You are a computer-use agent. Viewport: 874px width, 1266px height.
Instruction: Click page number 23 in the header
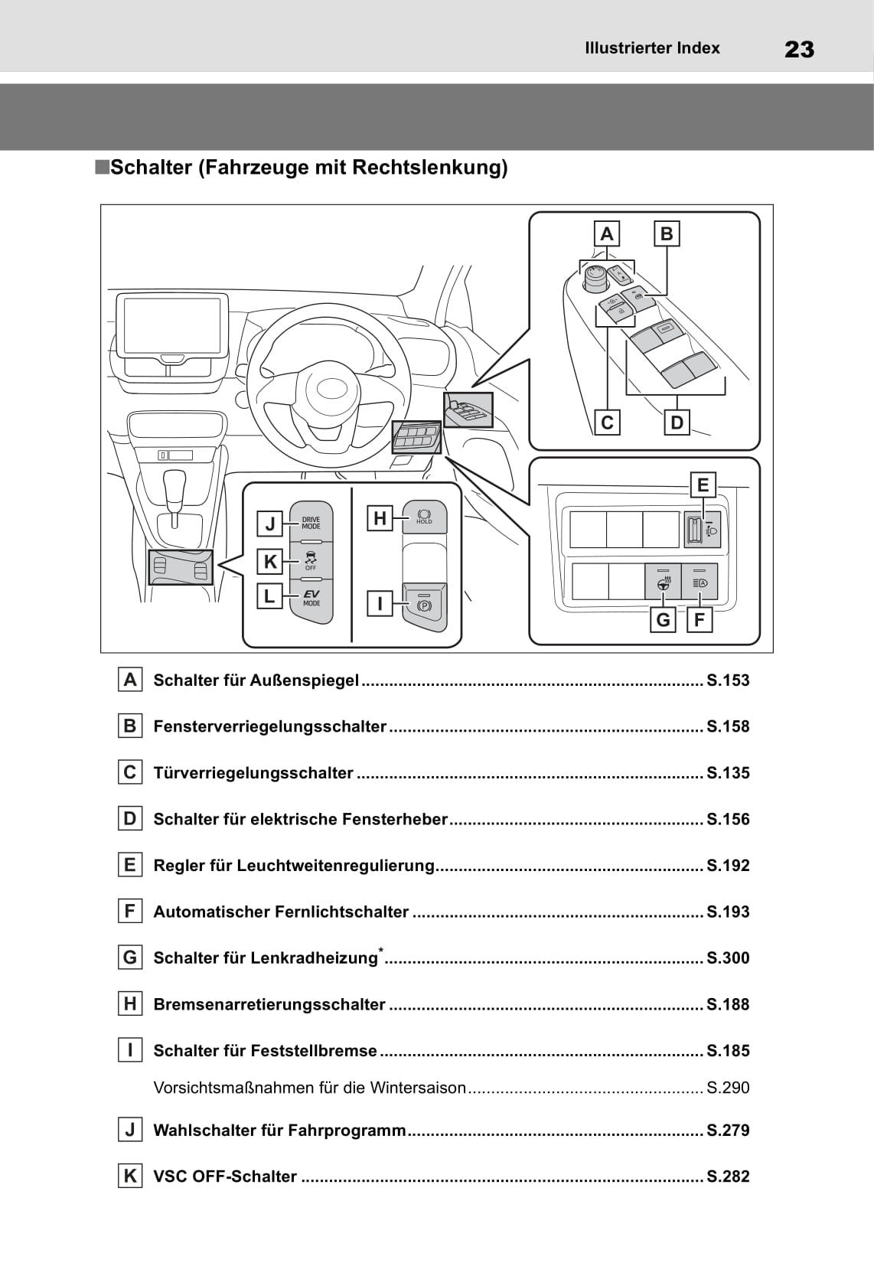tap(799, 50)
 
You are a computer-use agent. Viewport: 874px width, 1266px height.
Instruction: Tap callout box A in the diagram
tap(607, 233)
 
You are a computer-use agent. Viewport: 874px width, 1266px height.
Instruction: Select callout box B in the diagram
tap(667, 233)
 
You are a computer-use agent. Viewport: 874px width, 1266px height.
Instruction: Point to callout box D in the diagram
tap(677, 422)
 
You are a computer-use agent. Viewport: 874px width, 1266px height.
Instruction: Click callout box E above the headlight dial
tap(703, 485)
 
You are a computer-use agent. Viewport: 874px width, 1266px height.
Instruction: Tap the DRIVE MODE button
tap(311, 522)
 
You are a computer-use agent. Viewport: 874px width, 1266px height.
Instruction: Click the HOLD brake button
tap(424, 517)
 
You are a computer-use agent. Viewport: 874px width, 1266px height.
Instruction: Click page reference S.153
tap(728, 680)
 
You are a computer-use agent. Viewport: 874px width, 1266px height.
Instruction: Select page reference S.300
tap(728, 958)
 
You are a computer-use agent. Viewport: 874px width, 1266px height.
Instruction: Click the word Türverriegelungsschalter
tap(253, 773)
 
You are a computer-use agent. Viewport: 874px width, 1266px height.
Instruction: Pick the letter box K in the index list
tap(130, 1176)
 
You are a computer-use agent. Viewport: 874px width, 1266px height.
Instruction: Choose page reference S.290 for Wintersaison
tap(728, 1088)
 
